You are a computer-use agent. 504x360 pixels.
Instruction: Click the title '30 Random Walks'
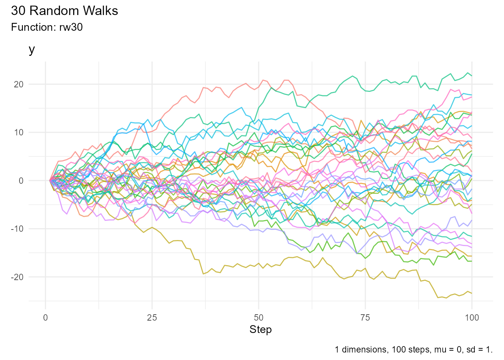tap(64, 11)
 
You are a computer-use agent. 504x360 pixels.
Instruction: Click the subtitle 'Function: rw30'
tap(47, 27)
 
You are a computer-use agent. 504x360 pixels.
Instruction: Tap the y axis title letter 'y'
tap(32, 49)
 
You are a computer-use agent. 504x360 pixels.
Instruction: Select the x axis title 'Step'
tap(261, 330)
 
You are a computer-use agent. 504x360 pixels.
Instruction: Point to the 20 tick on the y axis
tap(18, 84)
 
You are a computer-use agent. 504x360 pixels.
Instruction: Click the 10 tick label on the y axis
tap(18, 132)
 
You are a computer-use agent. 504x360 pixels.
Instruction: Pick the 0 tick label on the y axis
tap(21, 181)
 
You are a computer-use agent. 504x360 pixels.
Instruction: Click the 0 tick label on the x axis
tap(46, 318)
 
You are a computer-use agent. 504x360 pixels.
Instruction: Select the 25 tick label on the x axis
tap(152, 318)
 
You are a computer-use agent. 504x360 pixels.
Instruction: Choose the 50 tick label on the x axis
tap(258, 318)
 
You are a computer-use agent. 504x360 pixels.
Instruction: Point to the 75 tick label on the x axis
tap(365, 318)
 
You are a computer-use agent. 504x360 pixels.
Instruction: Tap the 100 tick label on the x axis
tap(472, 318)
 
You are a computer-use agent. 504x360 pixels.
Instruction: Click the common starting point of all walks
tap(50, 180)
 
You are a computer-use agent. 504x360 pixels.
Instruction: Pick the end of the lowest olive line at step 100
tap(472, 293)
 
